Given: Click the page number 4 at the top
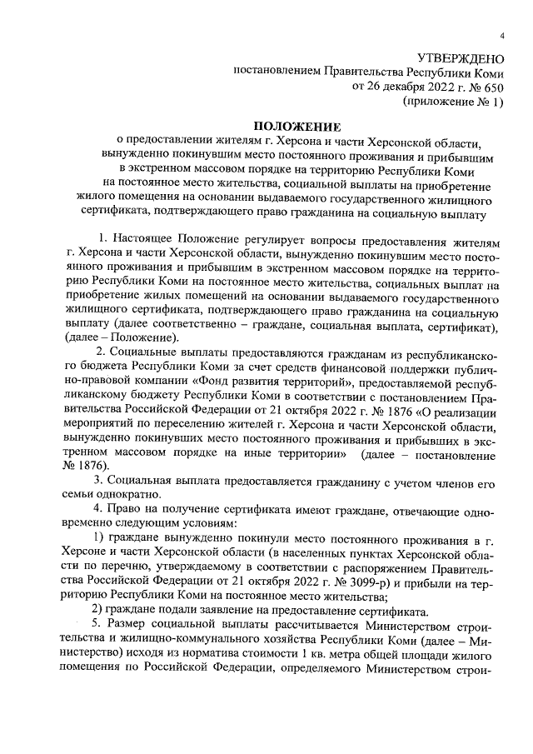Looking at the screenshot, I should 503,36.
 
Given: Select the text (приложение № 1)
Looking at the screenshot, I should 453,102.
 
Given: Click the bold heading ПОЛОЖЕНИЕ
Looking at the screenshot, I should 266,127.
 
